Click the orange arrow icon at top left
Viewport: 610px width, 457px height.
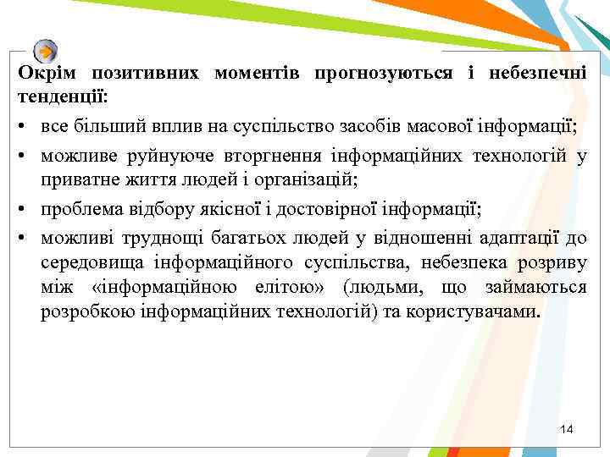(x=46, y=50)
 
